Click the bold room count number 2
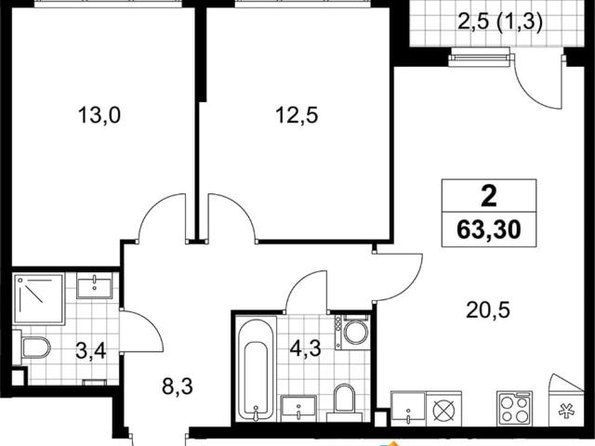(x=489, y=197)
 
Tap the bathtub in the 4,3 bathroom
(x=253, y=367)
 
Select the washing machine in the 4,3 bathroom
(x=354, y=331)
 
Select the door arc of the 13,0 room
(x=160, y=216)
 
